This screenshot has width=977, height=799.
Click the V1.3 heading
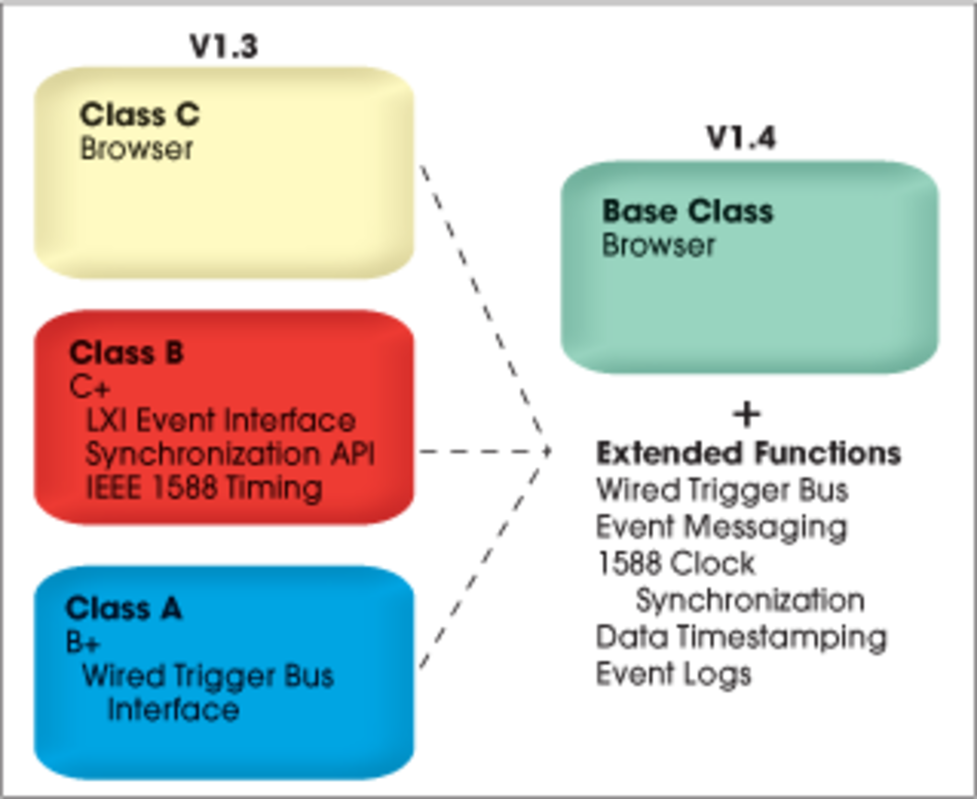pos(224,46)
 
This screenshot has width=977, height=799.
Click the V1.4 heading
pos(741,138)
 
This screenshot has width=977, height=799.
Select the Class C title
pos(140,114)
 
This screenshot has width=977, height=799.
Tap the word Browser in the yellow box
pos(137,149)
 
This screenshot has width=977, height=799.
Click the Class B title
pos(127,352)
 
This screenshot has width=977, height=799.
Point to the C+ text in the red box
pos(90,387)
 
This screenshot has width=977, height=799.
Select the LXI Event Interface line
pos(221,421)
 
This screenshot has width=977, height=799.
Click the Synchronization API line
pos(230,454)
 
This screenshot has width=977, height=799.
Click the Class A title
pos(124,608)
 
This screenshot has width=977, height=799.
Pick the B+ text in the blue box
pos(83,643)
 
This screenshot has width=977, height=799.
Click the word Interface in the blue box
pos(174,710)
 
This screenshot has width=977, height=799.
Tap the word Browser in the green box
pos(658,245)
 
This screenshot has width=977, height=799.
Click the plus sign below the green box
pos(746,415)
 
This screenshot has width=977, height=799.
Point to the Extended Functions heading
pos(749,453)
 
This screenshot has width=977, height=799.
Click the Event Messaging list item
pos(722,527)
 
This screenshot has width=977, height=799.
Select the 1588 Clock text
pos(676,564)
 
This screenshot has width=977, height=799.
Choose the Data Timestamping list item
pos(741,637)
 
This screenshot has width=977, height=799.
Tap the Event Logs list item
pos(673,674)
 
